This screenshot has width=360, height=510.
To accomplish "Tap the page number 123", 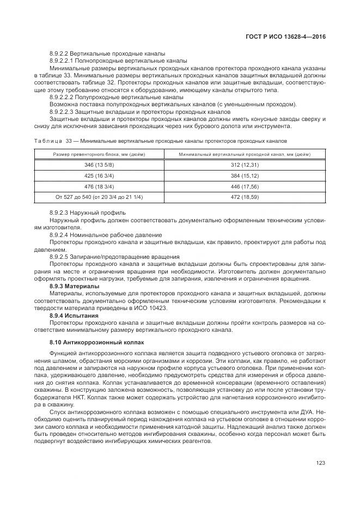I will [320, 463].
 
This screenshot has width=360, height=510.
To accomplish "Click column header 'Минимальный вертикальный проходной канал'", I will [245, 154].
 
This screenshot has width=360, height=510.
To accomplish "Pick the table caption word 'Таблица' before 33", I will [48, 141].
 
